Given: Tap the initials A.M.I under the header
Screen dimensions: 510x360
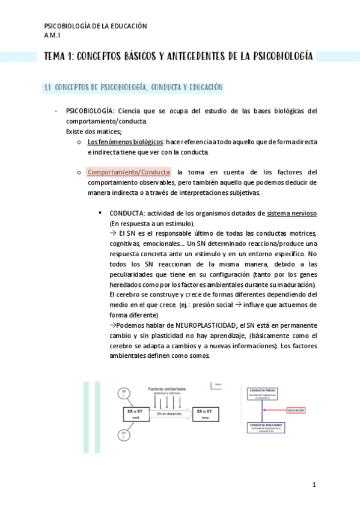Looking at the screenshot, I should coord(53,35).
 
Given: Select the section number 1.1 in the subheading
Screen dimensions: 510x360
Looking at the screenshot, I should coord(47,88).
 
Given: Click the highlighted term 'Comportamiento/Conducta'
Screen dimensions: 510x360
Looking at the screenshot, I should coord(129,171).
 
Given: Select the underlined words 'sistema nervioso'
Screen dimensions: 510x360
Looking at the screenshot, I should coord(292,213).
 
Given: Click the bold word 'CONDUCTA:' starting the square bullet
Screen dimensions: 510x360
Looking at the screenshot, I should coord(127,213).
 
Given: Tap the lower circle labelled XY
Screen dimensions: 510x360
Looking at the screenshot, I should coord(124,434).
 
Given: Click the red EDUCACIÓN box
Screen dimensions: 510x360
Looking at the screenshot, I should coord(296,410).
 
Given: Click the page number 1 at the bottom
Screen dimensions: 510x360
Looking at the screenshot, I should coord(314,485).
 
